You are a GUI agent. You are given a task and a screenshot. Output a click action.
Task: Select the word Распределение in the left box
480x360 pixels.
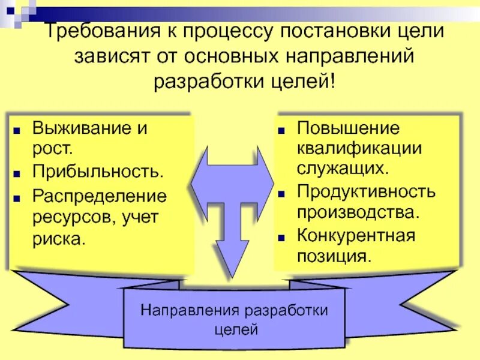pyautogui.click(x=100, y=196)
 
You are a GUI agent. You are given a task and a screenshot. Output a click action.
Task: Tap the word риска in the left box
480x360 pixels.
pyautogui.click(x=59, y=239)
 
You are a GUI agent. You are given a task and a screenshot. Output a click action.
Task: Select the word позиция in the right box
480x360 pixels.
pyautogui.click(x=332, y=256)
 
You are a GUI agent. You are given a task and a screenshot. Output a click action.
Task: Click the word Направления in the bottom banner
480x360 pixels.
pyautogui.click(x=191, y=311)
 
